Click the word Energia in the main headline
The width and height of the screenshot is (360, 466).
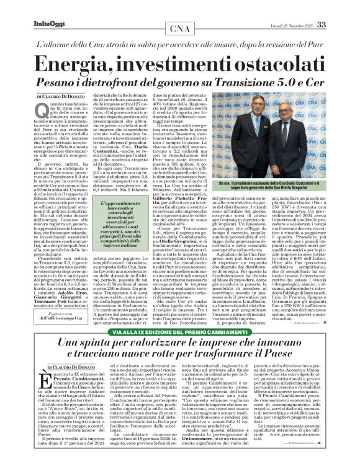point(92,65)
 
